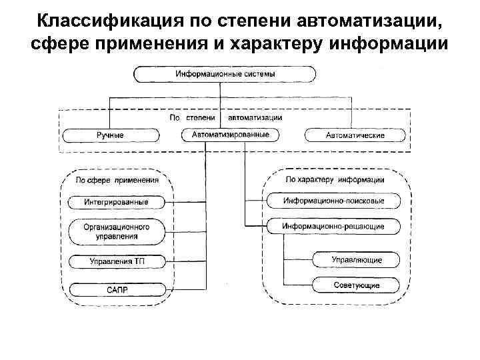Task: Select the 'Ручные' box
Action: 110,135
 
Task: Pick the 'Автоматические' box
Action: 355,135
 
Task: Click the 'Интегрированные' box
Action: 116,201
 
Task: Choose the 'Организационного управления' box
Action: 116,231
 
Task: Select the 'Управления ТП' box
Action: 116,261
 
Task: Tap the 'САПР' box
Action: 116,289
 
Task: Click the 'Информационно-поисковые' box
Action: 333,201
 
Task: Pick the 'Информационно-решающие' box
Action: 333,227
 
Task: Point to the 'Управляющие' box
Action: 357,259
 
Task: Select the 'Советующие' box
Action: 357,285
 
